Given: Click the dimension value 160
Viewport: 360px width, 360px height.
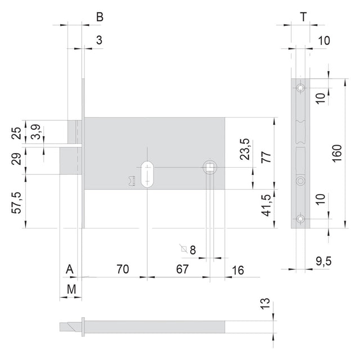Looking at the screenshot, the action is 337,154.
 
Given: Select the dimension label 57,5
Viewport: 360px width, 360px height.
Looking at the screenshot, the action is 16,202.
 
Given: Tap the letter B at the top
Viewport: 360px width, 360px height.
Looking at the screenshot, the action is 100,17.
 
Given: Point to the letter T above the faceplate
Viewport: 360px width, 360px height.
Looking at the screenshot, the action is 304,17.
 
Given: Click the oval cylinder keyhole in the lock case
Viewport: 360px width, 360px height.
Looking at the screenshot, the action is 147,174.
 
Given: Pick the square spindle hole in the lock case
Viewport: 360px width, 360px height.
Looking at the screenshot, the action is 209,167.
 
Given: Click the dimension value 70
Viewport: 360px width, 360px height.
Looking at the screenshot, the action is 123,269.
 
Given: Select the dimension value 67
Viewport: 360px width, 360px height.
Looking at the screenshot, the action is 182,269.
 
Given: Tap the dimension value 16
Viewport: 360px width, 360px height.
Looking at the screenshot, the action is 238,271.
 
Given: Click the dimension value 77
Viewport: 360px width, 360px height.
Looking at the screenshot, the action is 266,157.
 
